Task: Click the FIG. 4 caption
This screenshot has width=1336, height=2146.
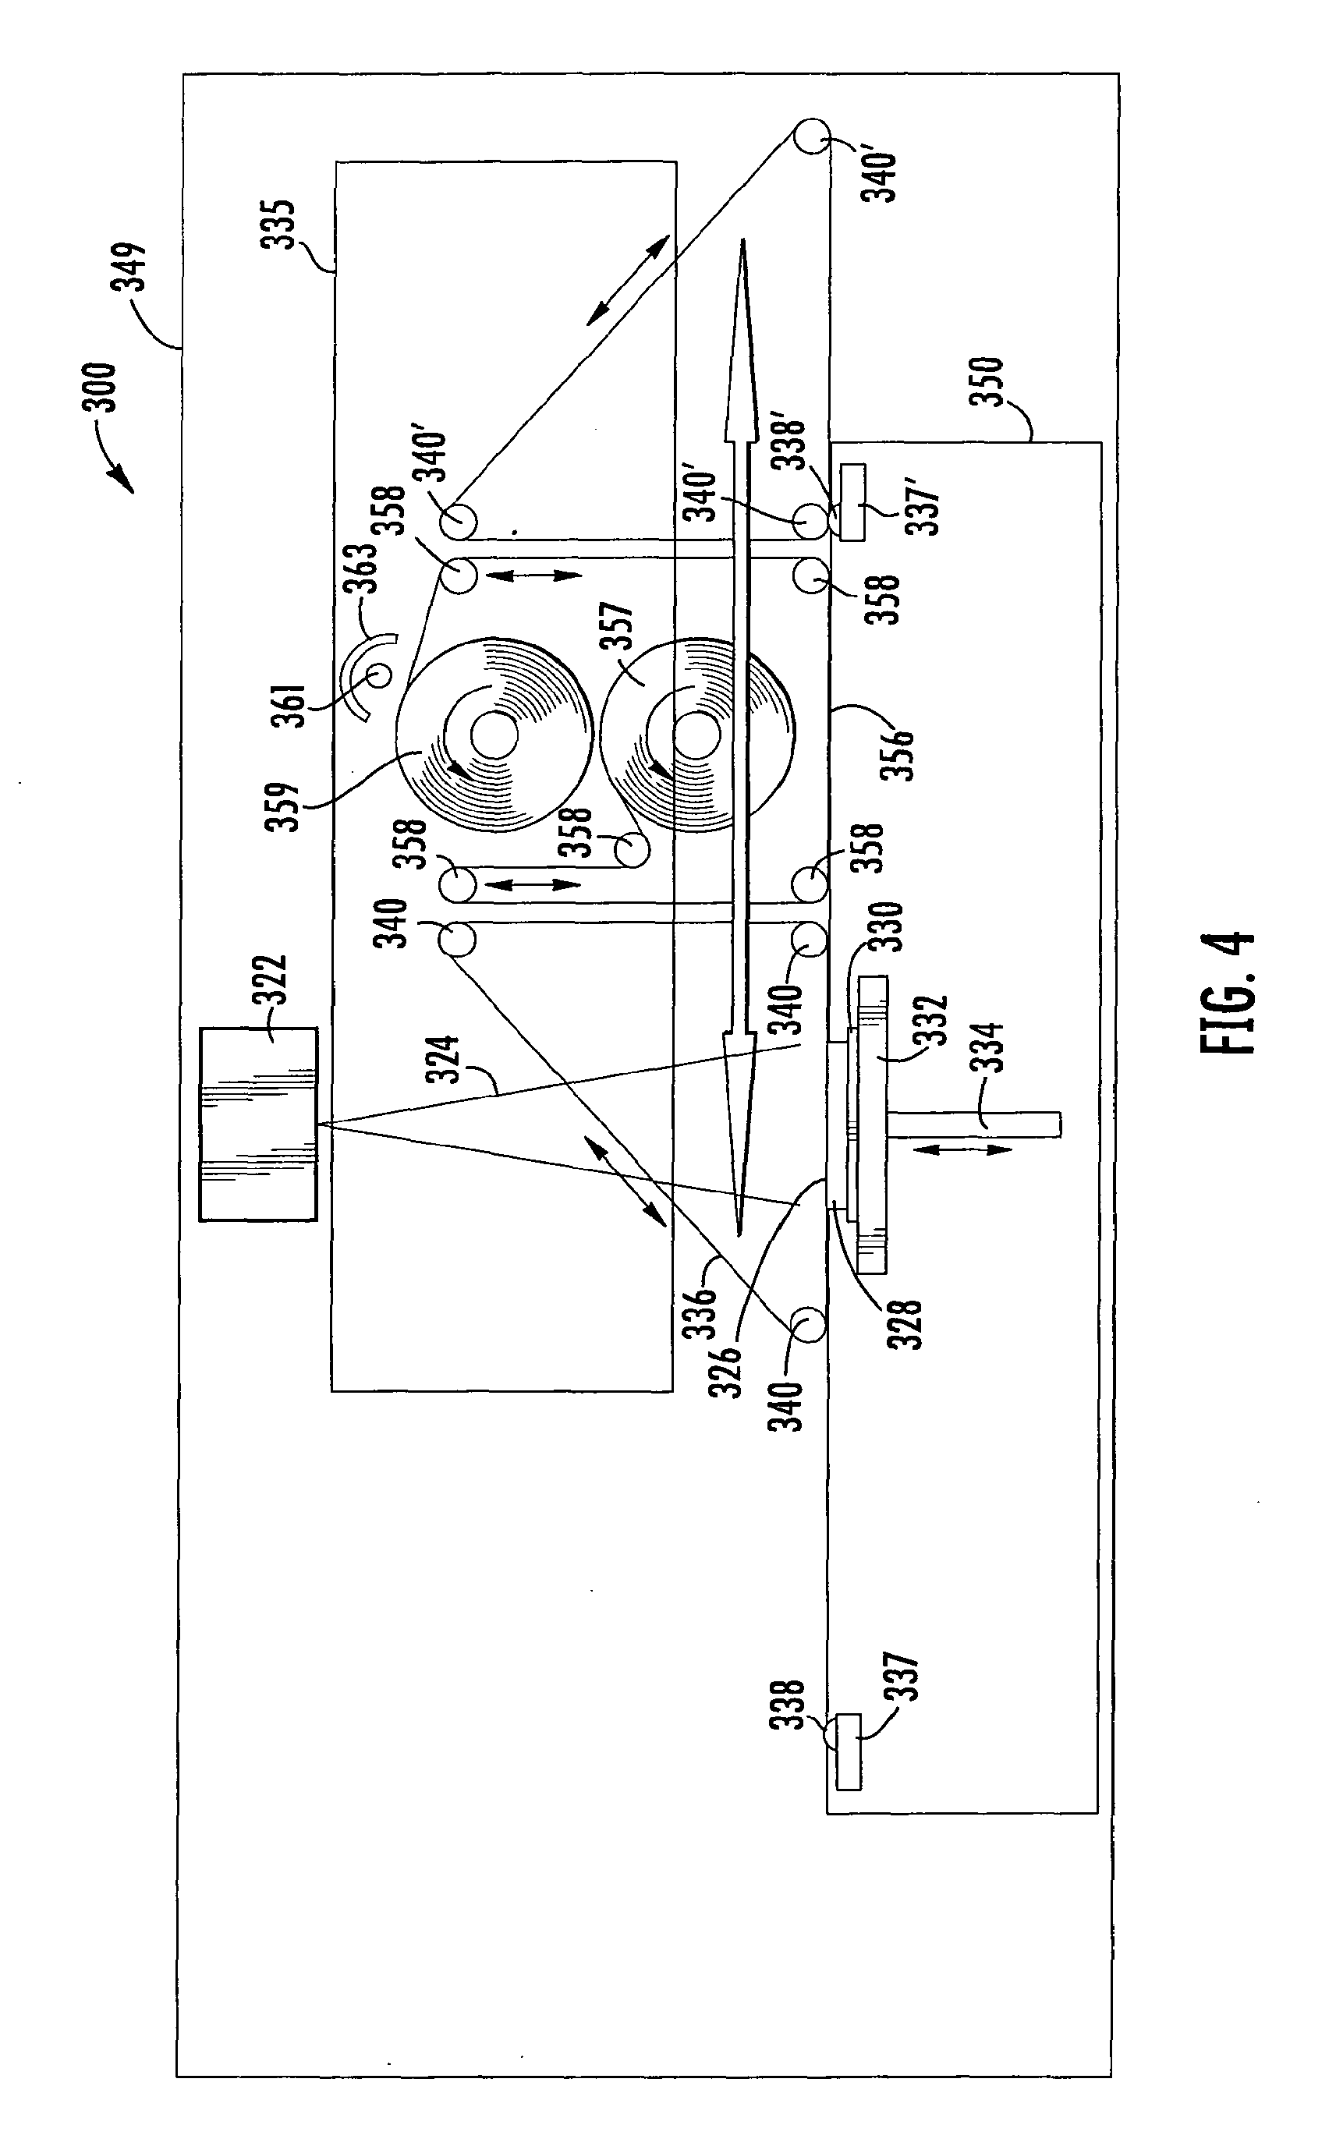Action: click(x=1228, y=993)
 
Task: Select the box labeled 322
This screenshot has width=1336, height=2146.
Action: click(x=258, y=1124)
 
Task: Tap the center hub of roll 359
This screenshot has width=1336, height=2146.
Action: click(x=494, y=735)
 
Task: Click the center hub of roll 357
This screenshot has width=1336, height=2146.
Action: click(x=696, y=735)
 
